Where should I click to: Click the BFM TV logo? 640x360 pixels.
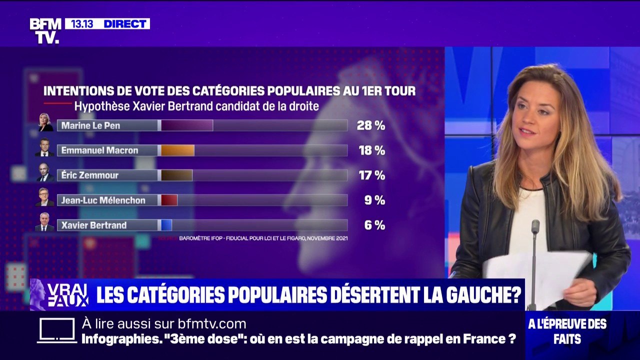(x=45, y=31)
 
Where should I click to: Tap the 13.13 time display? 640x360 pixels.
(x=82, y=24)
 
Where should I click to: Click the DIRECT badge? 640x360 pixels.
(x=125, y=24)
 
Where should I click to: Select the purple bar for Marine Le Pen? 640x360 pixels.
(x=186, y=125)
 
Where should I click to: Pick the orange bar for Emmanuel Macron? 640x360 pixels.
(x=177, y=150)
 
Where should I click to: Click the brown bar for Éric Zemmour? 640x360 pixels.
(x=176, y=175)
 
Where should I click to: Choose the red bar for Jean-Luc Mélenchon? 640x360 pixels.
(x=169, y=200)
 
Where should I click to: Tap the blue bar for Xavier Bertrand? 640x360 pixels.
(x=166, y=225)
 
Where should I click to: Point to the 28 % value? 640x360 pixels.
(x=370, y=125)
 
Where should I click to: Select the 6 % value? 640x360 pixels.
(x=374, y=225)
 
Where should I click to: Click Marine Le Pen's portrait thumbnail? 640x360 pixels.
(x=45, y=123)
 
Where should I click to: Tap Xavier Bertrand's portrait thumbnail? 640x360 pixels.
(x=44, y=222)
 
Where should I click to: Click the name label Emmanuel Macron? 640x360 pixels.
(x=99, y=150)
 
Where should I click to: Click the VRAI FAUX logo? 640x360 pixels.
(x=60, y=295)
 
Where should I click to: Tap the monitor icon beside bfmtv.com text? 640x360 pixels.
(x=56, y=330)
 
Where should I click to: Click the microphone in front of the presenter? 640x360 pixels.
(x=535, y=227)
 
